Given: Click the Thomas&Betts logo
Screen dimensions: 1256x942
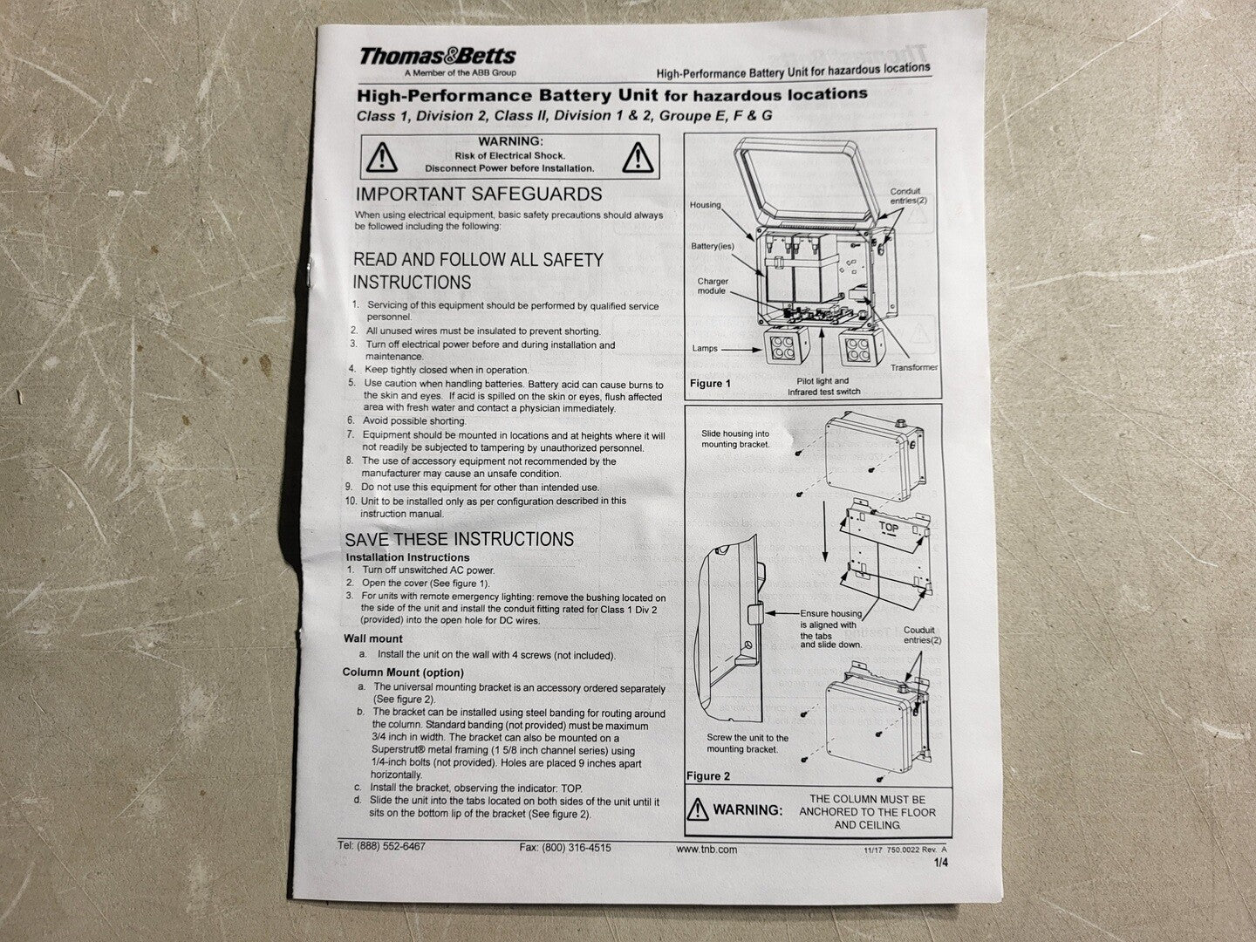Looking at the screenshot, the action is pos(438,56).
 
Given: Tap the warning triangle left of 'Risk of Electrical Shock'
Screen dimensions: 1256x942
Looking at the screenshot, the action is pos(382,157).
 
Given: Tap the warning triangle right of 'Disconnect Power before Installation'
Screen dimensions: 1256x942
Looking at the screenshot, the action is pos(638,157).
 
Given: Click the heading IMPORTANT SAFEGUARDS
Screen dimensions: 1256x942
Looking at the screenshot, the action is pos(478,194).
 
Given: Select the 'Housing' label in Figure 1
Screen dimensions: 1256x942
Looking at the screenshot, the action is pos(705,205).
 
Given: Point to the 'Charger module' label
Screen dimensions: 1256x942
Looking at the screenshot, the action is pos(712,286).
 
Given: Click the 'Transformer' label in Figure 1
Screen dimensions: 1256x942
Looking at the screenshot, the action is pos(913,367).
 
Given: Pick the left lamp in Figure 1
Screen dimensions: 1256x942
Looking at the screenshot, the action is pos(787,346).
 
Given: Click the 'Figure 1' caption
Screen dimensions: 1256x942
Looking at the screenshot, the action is pos(710,383).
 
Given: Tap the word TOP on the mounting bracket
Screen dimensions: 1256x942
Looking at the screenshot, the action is pos(888,528).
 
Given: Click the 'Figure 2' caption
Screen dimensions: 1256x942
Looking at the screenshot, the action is pos(708,776).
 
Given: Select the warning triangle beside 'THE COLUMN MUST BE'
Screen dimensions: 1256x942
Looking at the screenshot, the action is pos(698,809).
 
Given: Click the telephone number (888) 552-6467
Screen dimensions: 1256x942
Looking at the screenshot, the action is pos(392,846).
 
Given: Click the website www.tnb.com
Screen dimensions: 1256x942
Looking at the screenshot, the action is pos(706,850).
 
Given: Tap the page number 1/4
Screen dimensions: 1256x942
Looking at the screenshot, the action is pos(941,863).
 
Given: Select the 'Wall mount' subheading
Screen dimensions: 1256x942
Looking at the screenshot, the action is pos(373,638).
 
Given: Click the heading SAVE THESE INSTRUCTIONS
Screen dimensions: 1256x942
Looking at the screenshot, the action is pos(459,539).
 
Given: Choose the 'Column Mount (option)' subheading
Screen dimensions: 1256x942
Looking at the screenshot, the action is pos(403,672).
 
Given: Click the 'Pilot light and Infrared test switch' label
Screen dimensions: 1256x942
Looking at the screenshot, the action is pos(823,386).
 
